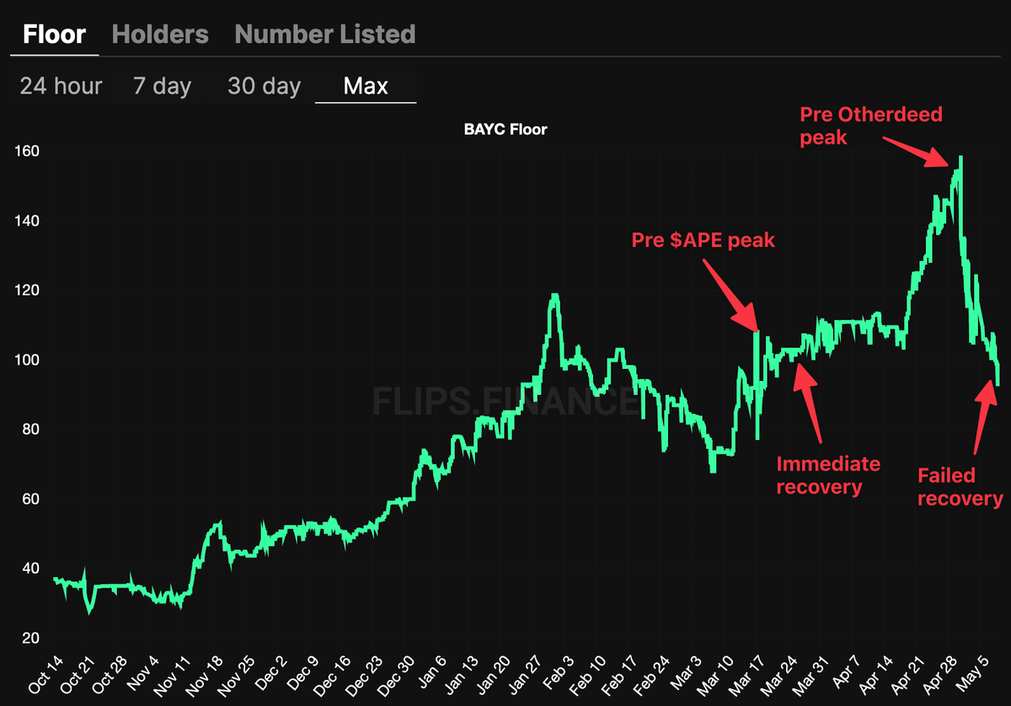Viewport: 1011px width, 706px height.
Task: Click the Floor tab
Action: point(54,35)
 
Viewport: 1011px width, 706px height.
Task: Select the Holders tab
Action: point(160,35)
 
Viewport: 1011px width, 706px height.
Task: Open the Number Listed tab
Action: point(325,35)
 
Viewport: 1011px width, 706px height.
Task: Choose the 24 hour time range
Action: point(61,86)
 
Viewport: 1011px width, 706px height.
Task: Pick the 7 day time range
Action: point(162,87)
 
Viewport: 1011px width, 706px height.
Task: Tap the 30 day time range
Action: point(264,87)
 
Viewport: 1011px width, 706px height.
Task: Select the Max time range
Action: point(366,86)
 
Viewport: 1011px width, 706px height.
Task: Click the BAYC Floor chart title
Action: point(505,130)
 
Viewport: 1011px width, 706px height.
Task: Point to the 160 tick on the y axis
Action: point(27,151)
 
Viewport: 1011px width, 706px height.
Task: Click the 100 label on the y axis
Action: point(27,360)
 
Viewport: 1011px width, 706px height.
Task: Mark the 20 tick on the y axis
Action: point(30,638)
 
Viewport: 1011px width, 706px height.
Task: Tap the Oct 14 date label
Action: point(45,675)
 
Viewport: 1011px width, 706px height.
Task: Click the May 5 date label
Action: point(972,673)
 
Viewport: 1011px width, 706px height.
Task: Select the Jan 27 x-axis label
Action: point(526,675)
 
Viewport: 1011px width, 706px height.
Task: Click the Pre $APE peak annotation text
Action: point(703,240)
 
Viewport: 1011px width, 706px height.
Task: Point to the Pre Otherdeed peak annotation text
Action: point(871,126)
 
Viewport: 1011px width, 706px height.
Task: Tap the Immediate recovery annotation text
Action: point(828,475)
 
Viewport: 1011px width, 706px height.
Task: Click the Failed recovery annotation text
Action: point(960,487)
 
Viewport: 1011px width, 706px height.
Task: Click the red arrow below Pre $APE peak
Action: point(730,296)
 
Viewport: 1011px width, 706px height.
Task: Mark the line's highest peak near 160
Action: point(961,158)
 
